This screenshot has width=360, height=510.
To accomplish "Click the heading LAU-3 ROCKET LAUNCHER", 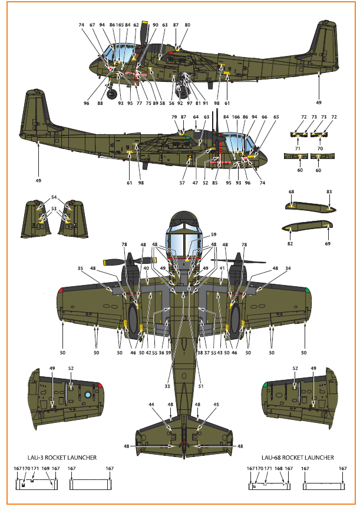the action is coord(62,458).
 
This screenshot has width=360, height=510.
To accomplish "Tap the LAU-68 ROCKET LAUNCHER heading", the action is coord(298,458).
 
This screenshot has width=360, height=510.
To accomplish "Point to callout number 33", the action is coord(167,386).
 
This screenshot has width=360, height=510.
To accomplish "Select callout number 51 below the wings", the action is coord(201,386).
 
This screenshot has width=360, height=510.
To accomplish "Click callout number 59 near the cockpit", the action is coord(213,234).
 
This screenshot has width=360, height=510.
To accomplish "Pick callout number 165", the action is coord(120,25).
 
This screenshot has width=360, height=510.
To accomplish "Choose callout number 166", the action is coord(236,117).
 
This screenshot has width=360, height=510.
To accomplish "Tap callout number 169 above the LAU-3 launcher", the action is coord(45,468).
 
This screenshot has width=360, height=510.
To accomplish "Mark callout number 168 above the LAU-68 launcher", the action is coord(279,468).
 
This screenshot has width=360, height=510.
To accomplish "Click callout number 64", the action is coord(196,117).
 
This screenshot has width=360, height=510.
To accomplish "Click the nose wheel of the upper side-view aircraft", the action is coord(112,95).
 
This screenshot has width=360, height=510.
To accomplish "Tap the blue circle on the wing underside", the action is coord(88,395).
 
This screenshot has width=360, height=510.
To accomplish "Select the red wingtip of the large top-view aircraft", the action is coord(60,290).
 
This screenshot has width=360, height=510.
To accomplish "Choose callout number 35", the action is coord(80,269).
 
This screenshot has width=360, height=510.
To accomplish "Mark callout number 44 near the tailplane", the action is coord(151,405).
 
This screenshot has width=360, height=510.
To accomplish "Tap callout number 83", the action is coord(329,191).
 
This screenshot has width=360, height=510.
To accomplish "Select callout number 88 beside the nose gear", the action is coord(100,103).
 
